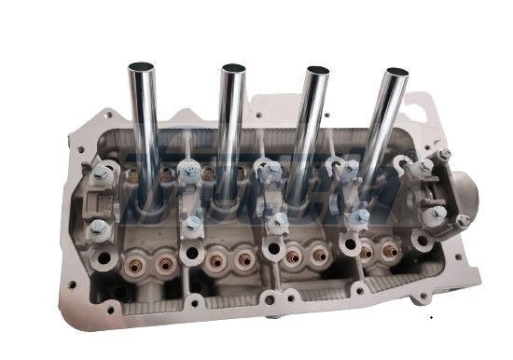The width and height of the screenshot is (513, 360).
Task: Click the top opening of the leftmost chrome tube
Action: coord(142,67)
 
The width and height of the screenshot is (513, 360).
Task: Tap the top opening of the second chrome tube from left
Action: coord(232,69)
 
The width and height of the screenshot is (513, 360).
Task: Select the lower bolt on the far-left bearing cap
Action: coord(100,229)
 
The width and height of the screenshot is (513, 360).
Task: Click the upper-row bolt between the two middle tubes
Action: coord(271,172)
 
